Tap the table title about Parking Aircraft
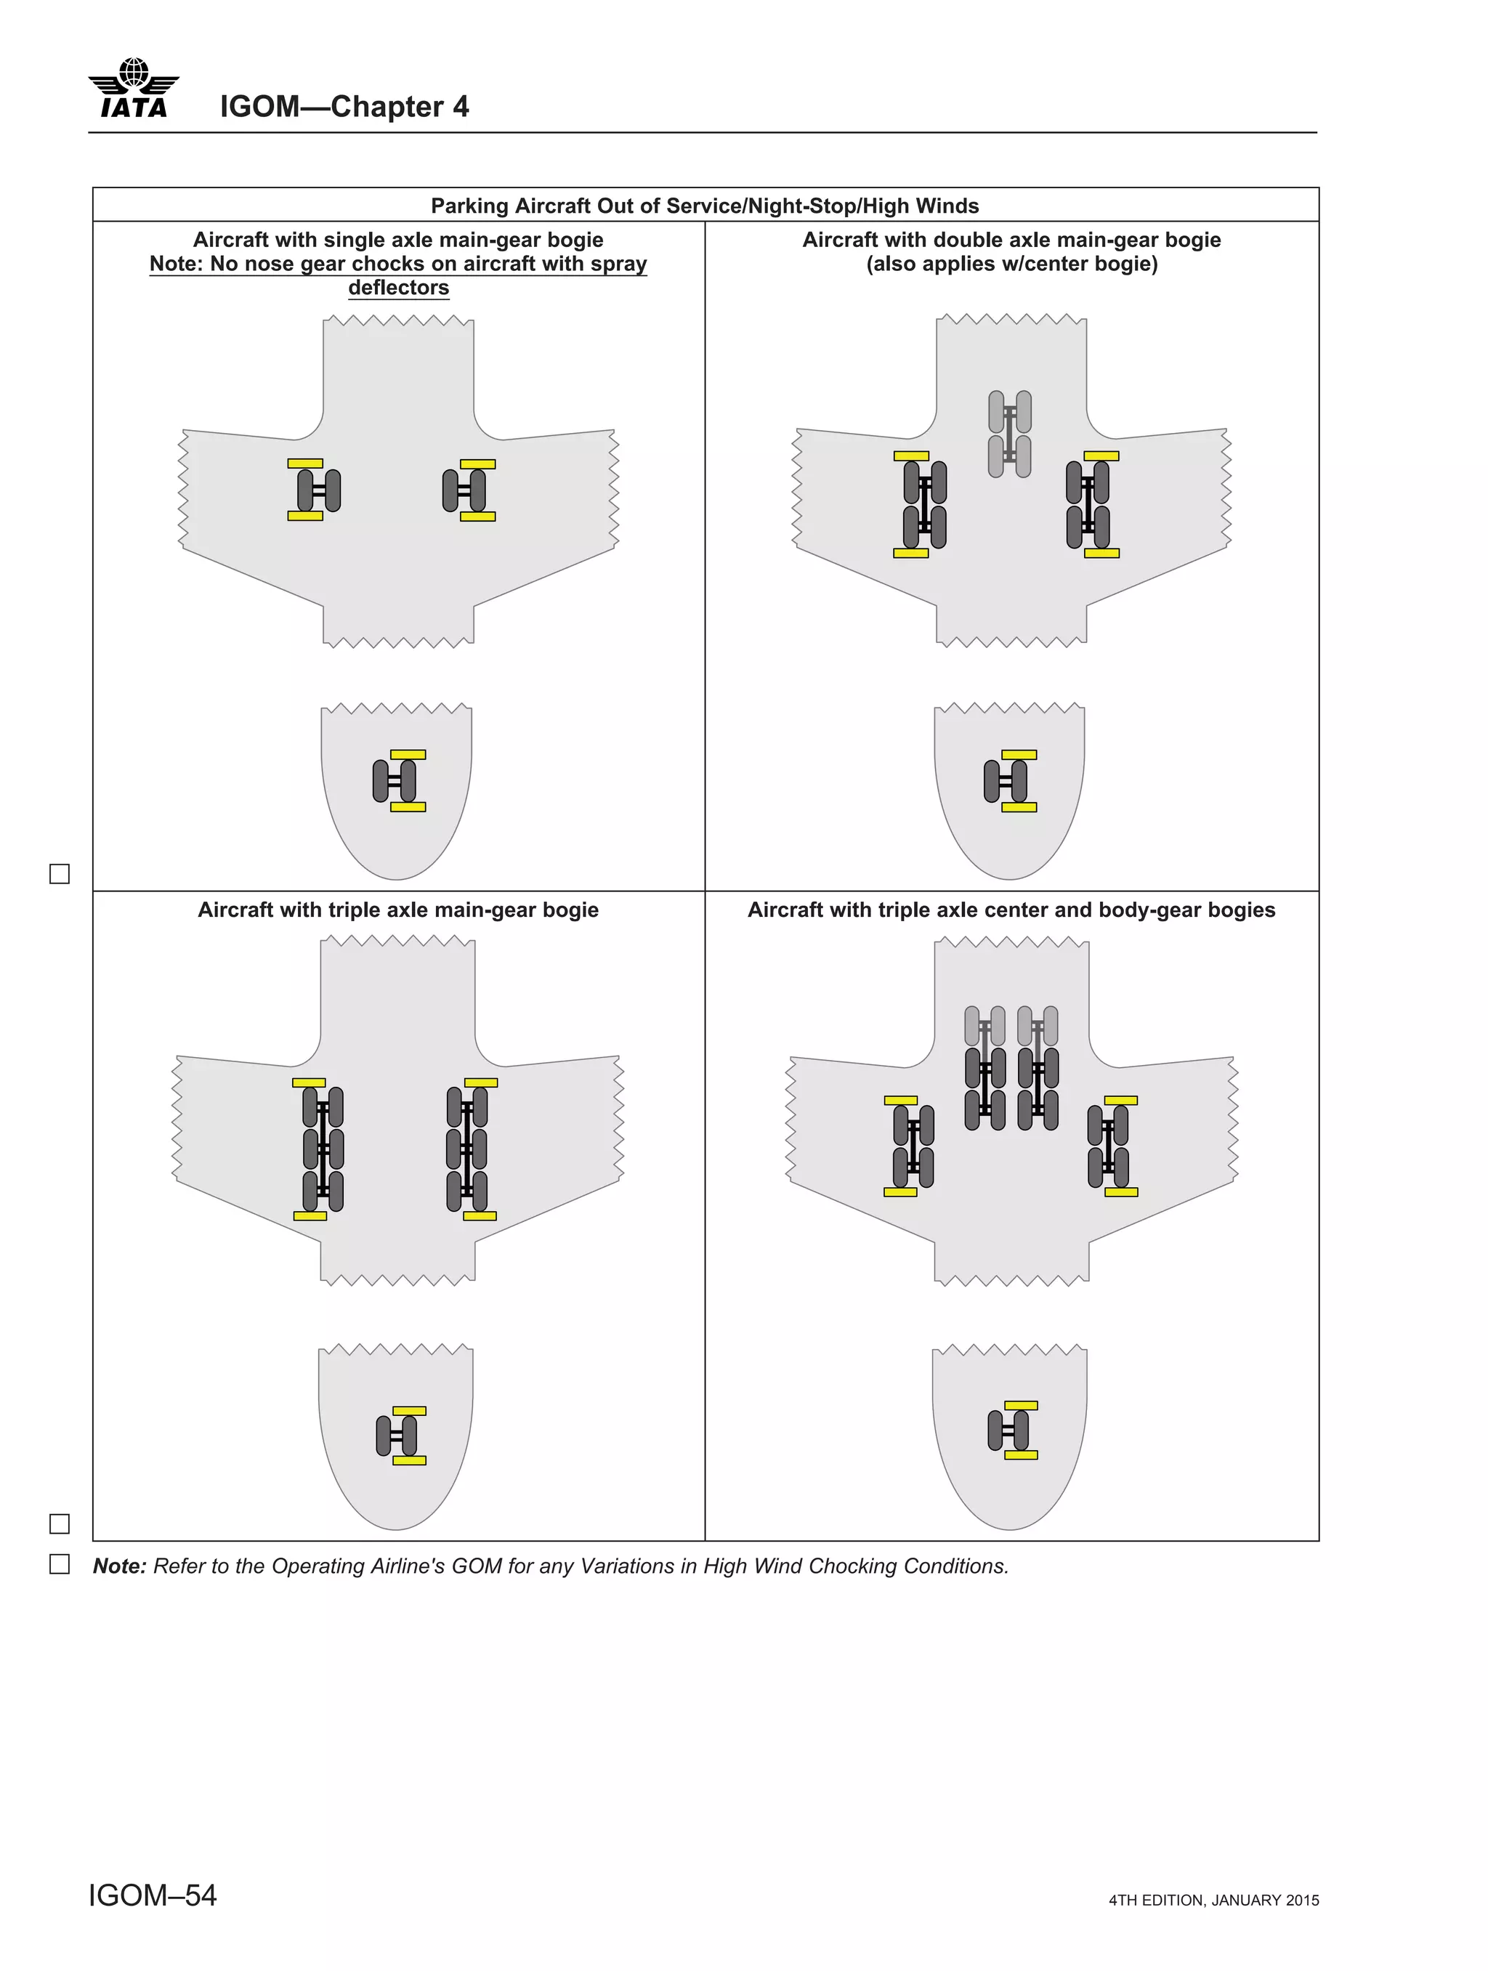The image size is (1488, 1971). [704, 206]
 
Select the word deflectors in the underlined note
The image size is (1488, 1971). [398, 288]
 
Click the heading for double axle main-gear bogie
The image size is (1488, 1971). [1011, 240]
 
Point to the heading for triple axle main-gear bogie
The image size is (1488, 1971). [397, 910]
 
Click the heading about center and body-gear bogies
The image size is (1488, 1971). [1011, 910]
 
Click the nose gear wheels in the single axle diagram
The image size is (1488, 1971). [395, 780]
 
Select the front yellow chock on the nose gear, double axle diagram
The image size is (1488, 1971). [1019, 755]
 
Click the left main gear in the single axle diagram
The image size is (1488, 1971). [318, 490]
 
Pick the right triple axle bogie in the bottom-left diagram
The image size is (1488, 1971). [467, 1149]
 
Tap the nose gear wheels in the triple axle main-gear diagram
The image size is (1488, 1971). [397, 1436]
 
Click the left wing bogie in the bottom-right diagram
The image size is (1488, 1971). [913, 1146]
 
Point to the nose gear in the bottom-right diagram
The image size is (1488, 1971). [1008, 1430]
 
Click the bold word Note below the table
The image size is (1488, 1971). [119, 1566]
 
